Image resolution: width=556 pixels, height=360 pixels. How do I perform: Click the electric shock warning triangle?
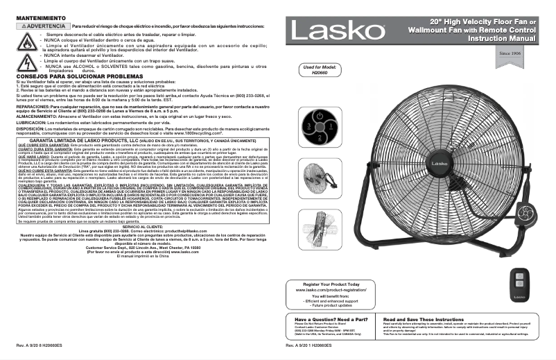(x=27, y=62)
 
